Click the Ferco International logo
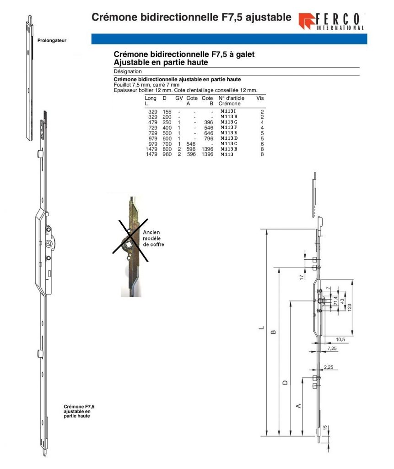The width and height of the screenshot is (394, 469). click(331, 21)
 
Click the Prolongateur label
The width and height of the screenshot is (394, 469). click(52, 40)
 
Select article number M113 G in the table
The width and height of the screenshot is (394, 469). click(229, 122)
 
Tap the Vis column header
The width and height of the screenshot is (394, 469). click(260, 98)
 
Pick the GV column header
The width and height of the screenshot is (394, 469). click(179, 98)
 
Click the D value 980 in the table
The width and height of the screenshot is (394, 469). click(167, 154)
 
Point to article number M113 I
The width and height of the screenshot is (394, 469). click(228, 111)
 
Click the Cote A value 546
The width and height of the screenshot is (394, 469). click(191, 144)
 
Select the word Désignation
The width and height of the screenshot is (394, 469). click(128, 71)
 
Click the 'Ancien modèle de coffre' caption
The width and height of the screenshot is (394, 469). click(153, 238)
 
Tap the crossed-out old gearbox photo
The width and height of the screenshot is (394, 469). click(130, 246)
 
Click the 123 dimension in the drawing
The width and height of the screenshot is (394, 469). click(349, 307)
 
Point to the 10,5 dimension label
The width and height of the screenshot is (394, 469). click(340, 339)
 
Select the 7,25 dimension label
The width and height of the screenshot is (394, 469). click(332, 349)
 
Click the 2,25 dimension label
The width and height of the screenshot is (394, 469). click(328, 367)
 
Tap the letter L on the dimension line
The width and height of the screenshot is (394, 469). click(261, 328)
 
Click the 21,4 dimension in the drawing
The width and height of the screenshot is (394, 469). click(335, 301)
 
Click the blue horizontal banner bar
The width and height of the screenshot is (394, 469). click(229, 39)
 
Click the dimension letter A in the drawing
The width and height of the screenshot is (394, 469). click(298, 406)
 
